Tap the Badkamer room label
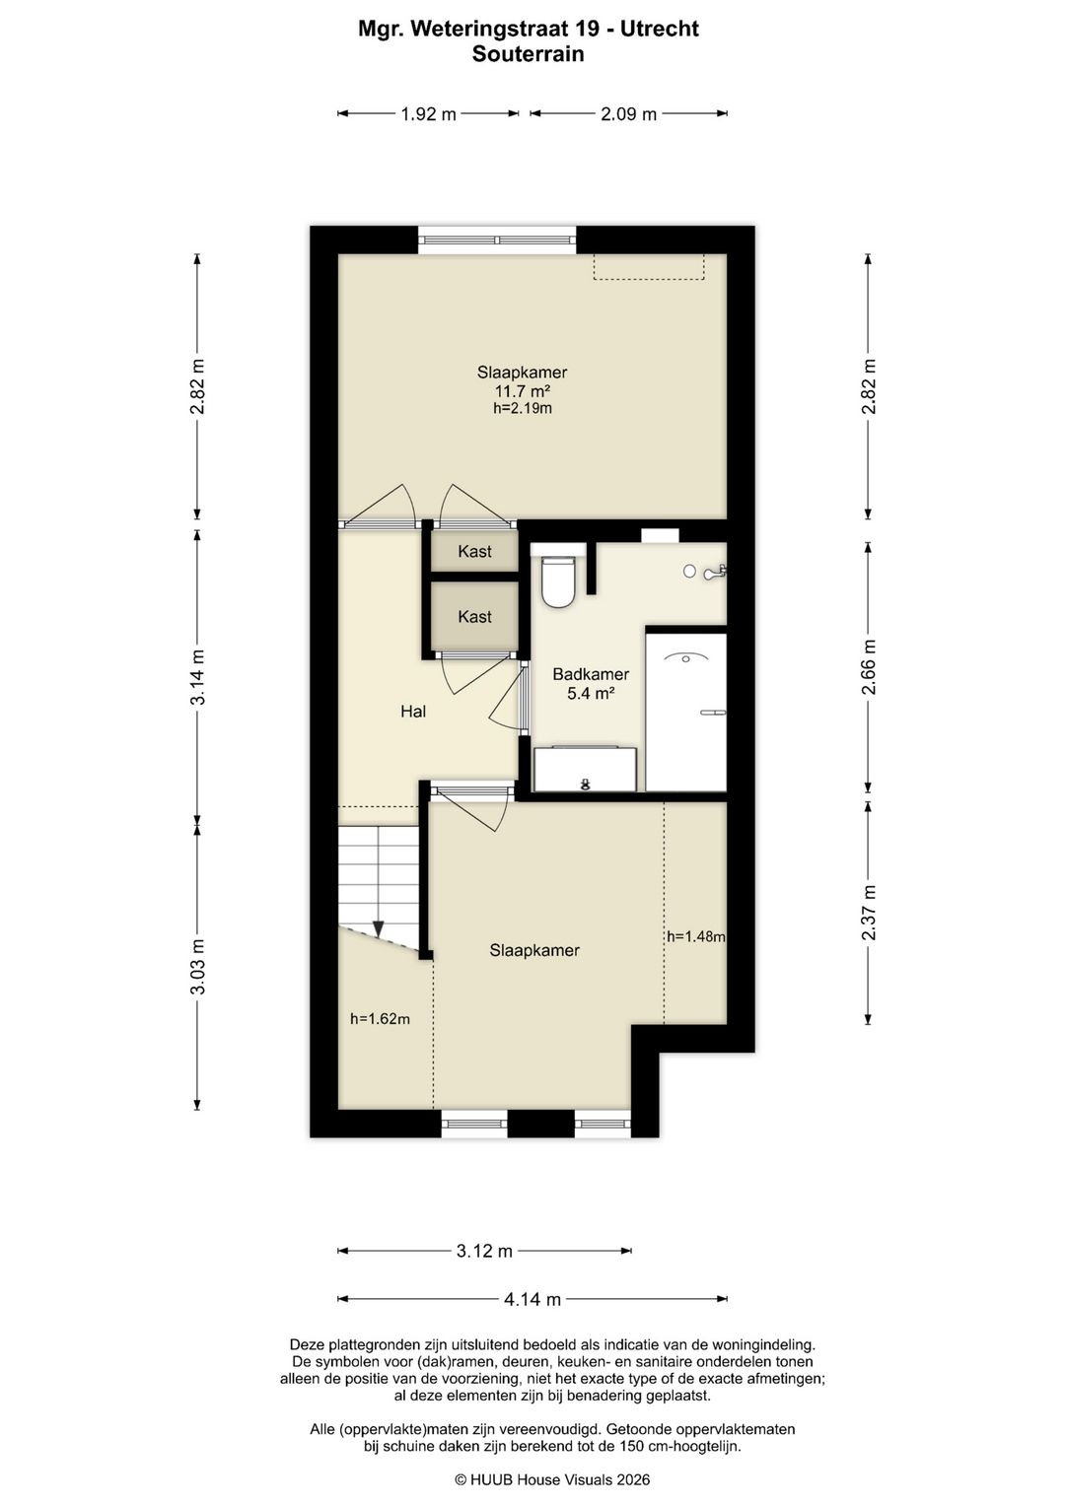591,674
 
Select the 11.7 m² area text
523,391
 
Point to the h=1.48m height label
696,936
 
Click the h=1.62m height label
380,1019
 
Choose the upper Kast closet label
474,552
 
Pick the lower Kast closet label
474,617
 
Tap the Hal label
413,712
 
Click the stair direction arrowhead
378,929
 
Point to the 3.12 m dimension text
484,1251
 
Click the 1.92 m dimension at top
428,114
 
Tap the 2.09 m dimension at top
629,114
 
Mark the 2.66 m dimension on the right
870,667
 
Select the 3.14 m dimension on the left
197,676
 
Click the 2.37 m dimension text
870,913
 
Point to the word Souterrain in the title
528,54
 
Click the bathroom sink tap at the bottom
585,784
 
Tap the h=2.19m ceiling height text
523,408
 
